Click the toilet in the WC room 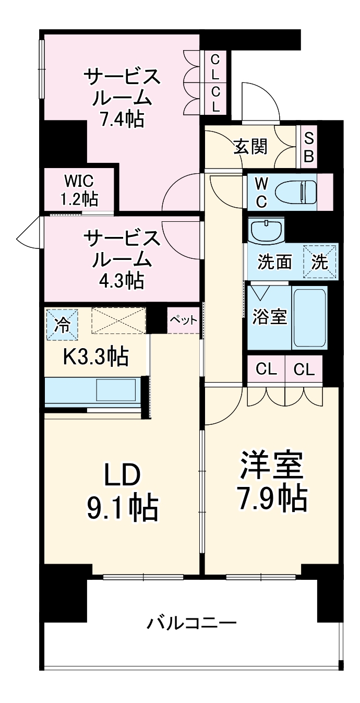[x=296, y=192]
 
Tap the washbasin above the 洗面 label [x=267, y=230]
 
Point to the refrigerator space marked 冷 [x=62, y=325]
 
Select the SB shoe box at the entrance [x=309, y=147]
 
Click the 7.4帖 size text [x=123, y=120]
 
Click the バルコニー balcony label [x=191, y=623]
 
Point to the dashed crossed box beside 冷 [x=118, y=320]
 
